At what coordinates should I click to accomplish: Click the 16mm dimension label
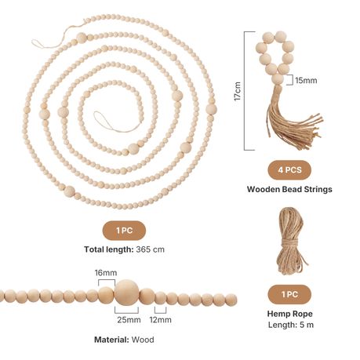coord(106,273)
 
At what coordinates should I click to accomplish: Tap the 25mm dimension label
coord(129,319)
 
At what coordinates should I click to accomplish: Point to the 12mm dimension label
coord(161,319)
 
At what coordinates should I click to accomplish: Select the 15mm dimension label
coord(306,80)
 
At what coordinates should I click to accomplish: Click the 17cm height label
coord(238,91)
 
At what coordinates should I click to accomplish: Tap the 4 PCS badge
coord(289,170)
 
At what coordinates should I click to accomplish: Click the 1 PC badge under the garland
coord(124,231)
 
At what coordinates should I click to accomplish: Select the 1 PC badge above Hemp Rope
coord(289,294)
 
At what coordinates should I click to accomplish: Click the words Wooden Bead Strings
coord(289,189)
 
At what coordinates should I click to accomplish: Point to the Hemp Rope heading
coord(290,314)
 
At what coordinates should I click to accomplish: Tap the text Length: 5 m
coord(291,325)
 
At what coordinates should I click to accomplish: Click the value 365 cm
coord(151,249)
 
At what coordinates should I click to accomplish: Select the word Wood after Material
coord(143,340)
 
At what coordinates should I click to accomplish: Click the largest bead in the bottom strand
coord(127,292)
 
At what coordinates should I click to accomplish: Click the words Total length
coord(109,249)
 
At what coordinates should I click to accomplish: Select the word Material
coord(111,340)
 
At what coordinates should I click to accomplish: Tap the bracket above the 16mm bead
coord(107,280)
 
